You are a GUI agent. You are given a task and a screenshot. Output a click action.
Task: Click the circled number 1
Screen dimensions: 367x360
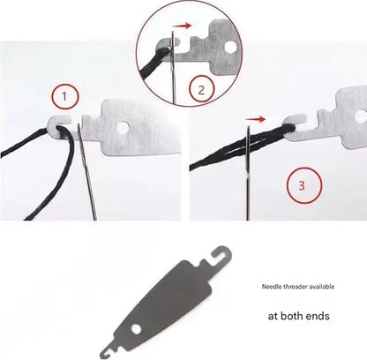pos(65,97)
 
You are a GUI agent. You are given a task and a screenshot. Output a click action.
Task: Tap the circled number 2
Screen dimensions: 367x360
pos(201,90)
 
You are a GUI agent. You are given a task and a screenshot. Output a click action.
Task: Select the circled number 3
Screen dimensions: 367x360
pos(304,185)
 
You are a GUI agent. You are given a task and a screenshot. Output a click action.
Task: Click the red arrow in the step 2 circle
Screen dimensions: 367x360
pos(183,26)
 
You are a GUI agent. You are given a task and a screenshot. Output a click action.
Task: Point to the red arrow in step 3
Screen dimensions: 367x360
pos(255,119)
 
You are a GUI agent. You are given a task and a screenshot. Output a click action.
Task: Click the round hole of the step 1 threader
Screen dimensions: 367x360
pos(123,127)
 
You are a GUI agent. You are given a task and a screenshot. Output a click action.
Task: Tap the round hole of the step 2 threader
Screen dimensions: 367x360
pos(230,47)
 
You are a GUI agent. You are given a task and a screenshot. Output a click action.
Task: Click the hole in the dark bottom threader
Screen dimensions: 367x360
pos(136,329)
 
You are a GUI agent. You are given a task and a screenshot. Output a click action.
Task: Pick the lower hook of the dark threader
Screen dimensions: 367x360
pos(108,349)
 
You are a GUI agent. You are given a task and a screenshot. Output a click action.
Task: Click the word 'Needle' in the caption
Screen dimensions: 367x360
pos(272,287)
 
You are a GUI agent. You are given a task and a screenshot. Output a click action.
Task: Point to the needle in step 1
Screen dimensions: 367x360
pos(86,172)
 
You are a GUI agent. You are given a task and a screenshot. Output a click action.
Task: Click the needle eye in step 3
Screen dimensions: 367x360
pos(248,144)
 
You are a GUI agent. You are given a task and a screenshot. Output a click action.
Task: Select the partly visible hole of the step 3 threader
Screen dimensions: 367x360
pos(362,116)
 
